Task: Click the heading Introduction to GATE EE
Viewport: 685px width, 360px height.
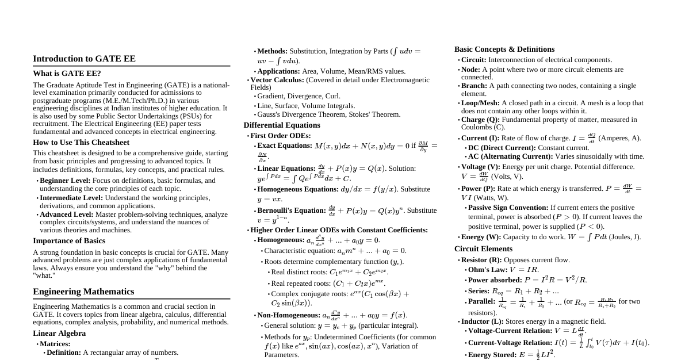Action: point(84,59)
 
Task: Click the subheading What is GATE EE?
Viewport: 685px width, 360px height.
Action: point(67,74)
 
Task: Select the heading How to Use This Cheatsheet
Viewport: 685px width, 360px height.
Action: point(81,143)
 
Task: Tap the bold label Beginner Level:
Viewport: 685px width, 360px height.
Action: point(65,181)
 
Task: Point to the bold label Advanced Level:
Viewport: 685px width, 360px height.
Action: point(66,215)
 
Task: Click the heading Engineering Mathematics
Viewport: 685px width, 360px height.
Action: point(83,292)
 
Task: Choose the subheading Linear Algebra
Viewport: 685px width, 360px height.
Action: point(59,334)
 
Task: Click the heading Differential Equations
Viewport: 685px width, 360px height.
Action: point(282,125)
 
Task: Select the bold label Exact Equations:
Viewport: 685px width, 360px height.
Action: point(285,145)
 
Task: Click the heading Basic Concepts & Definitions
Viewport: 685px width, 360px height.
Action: point(504,49)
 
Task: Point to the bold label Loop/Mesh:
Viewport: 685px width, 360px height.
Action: point(480,103)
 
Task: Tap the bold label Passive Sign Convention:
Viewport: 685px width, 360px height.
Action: point(508,208)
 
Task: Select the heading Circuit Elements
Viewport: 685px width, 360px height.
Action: point(483,249)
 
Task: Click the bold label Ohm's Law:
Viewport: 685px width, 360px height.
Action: point(488,270)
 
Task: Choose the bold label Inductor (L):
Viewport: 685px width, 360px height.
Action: point(482,321)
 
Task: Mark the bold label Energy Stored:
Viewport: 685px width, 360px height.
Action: point(492,355)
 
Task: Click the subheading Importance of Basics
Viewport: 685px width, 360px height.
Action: point(69,241)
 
